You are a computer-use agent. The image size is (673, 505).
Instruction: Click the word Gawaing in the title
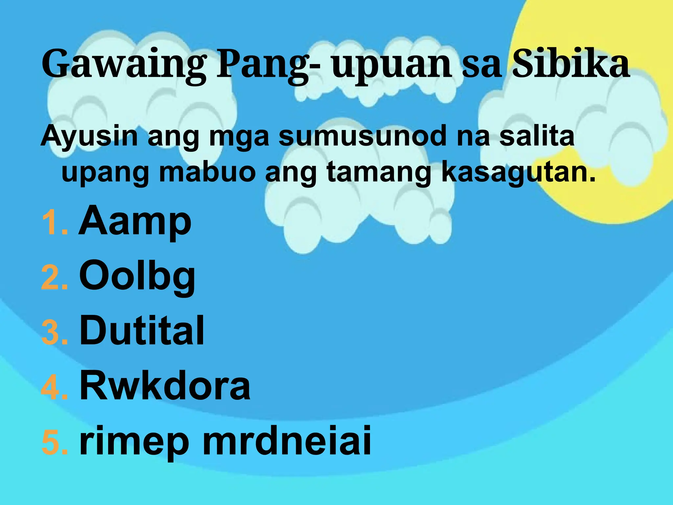click(x=124, y=64)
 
